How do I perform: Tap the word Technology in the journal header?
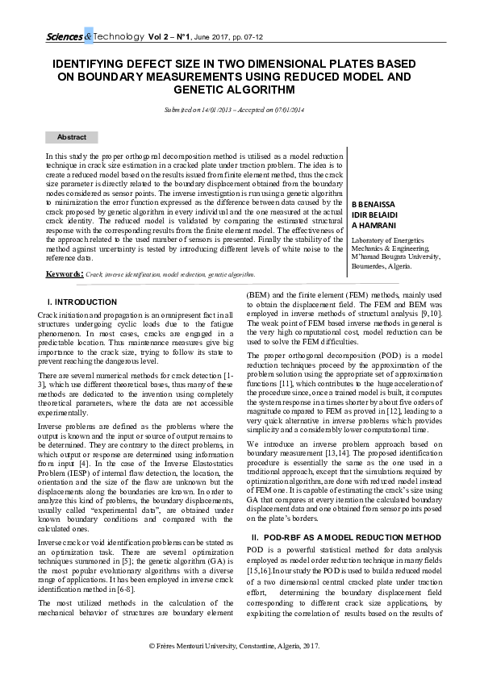click(x=119, y=37)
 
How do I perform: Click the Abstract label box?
click(x=71, y=138)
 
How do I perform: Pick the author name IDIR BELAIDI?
click(x=373, y=217)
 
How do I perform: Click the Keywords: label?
click(x=64, y=274)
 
